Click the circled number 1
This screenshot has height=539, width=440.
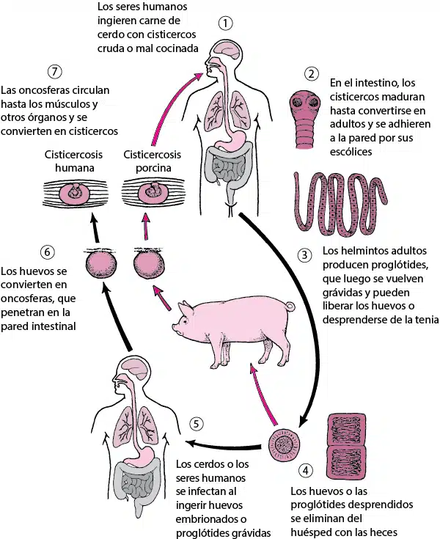coord(226,23)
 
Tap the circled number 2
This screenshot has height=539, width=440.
coord(312,73)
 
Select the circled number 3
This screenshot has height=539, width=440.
coord(304,255)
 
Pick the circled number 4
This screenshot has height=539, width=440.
coord(306,470)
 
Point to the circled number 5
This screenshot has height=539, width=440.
coord(196,424)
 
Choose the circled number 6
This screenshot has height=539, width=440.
coord(47,252)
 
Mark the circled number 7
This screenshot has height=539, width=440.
coord(55,72)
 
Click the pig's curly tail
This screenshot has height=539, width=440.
coord(290,306)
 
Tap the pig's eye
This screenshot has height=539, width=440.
coord(186,322)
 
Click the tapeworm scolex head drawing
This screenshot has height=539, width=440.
coord(305,120)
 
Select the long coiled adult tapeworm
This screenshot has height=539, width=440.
coord(340,204)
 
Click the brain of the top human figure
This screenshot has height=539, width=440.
coord(227,50)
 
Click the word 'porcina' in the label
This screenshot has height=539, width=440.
coord(153,169)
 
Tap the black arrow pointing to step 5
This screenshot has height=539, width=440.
coord(223,445)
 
